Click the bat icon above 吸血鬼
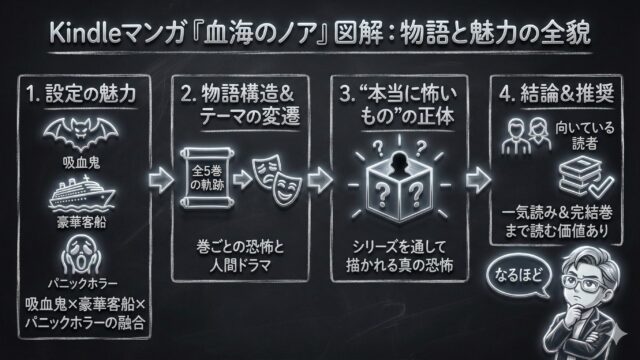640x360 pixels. point(80,131)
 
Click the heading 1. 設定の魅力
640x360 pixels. point(80,98)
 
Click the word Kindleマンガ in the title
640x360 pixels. point(101,33)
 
